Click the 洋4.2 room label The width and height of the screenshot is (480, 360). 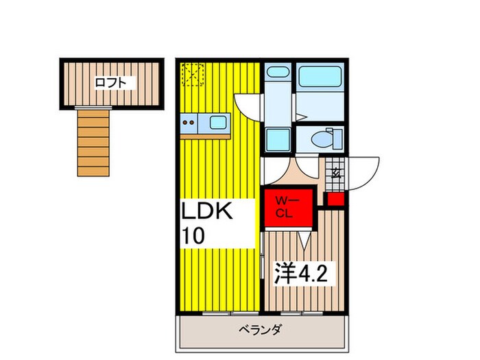tap(307, 274)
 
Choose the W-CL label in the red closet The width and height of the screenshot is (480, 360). tap(285, 206)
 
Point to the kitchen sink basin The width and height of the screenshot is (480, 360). tap(218, 123)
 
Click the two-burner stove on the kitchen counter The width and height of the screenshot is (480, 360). tap(189, 124)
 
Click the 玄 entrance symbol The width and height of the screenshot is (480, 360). tap(336, 173)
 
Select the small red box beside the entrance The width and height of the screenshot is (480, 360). tap(335, 200)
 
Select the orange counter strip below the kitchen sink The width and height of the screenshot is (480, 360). tap(206, 136)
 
